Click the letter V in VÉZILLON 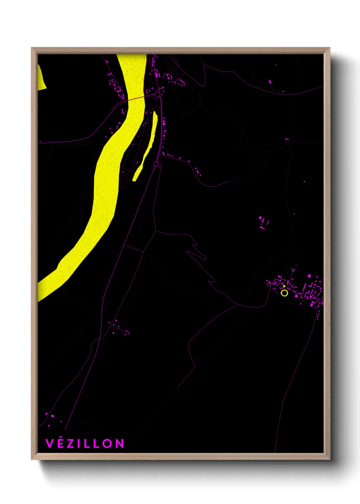pyautogui.click(x=49, y=443)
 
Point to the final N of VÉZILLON pyautogui.click(x=119, y=443)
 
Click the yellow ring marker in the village pyautogui.click(x=284, y=293)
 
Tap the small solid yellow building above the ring pyautogui.click(x=284, y=287)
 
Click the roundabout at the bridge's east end pyautogui.click(x=158, y=94)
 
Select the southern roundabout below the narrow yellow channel pyautogui.click(x=156, y=164)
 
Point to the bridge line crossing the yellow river pyautogui.click(x=136, y=99)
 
